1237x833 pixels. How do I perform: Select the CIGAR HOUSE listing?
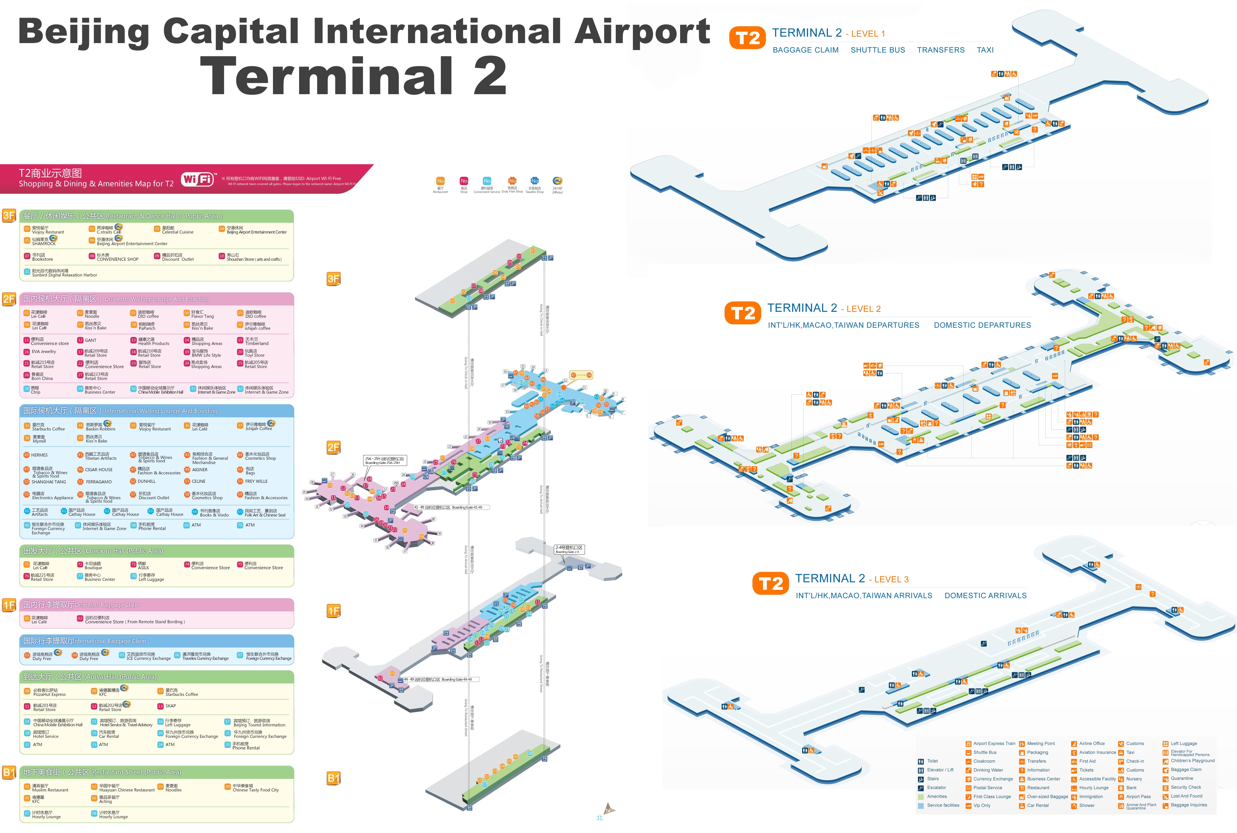(98, 470)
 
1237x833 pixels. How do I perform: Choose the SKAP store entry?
(170, 706)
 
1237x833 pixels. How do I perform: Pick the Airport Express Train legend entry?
(994, 744)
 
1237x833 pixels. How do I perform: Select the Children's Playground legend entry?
(1192, 761)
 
